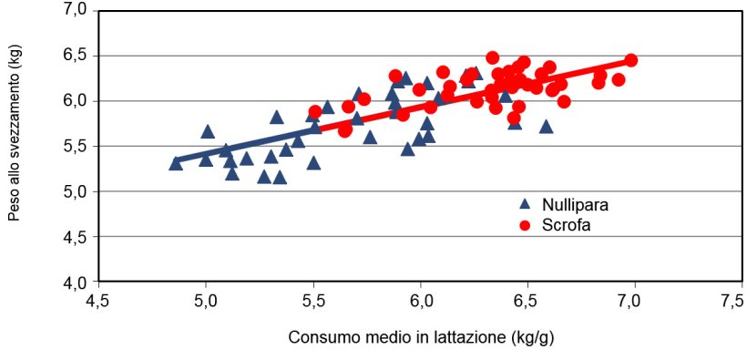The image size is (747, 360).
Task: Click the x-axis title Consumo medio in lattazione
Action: (x=421, y=337)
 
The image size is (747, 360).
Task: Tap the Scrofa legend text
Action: (x=567, y=224)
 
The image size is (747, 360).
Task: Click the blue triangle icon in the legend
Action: (x=525, y=204)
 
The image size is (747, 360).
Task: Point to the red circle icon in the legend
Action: (x=525, y=224)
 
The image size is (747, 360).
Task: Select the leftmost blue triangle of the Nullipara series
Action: (x=176, y=163)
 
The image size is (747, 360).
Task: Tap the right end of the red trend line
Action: (x=631, y=60)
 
